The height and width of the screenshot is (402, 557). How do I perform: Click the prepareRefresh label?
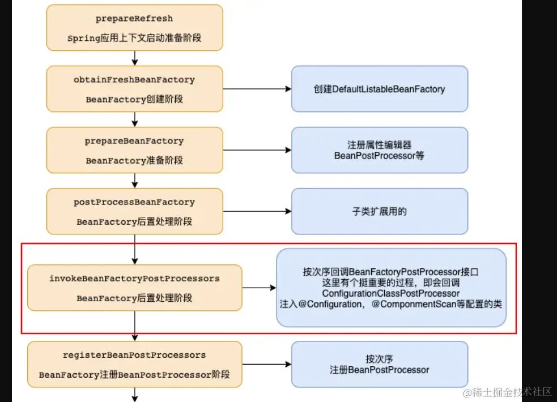coord(134,19)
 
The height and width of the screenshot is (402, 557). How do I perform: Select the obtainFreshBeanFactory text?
coord(134,80)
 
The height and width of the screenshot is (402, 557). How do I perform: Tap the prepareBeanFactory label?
coord(134,141)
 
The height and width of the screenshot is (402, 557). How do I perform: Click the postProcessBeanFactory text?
coord(134,202)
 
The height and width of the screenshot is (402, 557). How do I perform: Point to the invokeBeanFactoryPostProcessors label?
coord(134,279)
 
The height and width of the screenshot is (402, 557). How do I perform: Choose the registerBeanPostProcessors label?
coord(134,355)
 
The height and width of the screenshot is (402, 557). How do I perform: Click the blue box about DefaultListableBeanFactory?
coord(379,89)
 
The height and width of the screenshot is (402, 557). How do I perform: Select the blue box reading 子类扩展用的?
coord(379,211)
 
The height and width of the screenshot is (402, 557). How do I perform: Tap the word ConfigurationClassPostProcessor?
coord(390,293)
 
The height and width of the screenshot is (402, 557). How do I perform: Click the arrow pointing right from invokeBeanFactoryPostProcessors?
coord(259,288)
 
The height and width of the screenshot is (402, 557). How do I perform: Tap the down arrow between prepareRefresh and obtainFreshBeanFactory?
coord(135,58)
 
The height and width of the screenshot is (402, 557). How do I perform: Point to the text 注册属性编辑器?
coord(379,144)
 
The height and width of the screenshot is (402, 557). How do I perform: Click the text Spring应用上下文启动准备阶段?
coord(134,39)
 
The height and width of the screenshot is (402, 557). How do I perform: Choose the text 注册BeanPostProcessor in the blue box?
coord(379,370)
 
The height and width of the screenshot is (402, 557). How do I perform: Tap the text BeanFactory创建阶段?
coord(134,99)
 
